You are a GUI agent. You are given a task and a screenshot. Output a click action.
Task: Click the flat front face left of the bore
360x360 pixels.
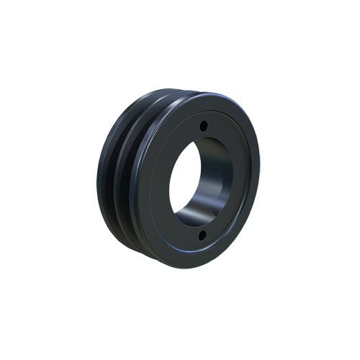click(x=155, y=180)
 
